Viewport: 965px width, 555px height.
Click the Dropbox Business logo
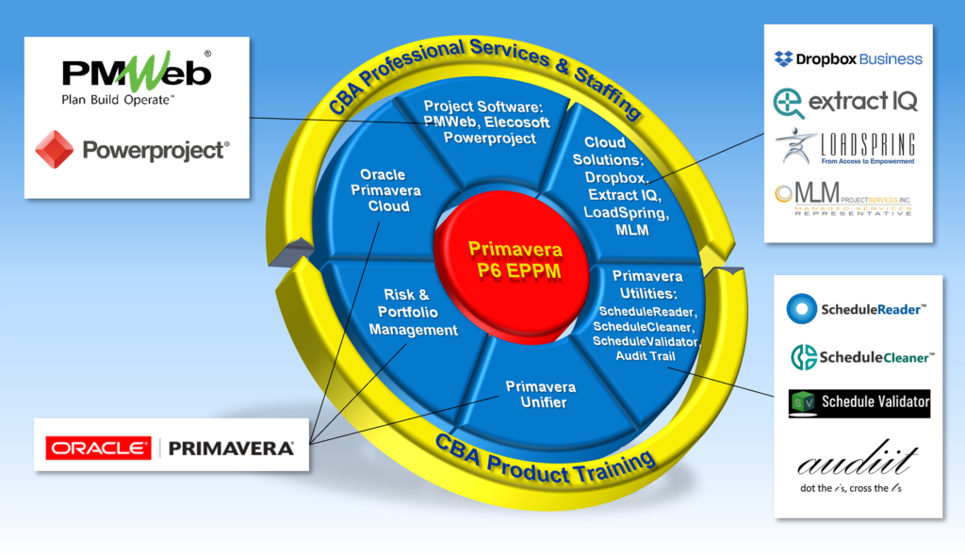(848, 58)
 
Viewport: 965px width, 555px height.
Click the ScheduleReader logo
(858, 308)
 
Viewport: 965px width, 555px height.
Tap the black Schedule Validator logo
(859, 403)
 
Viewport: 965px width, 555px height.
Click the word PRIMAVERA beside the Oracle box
(231, 449)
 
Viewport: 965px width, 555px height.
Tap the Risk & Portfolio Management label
(413, 312)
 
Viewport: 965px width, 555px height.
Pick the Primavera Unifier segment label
(540, 395)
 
